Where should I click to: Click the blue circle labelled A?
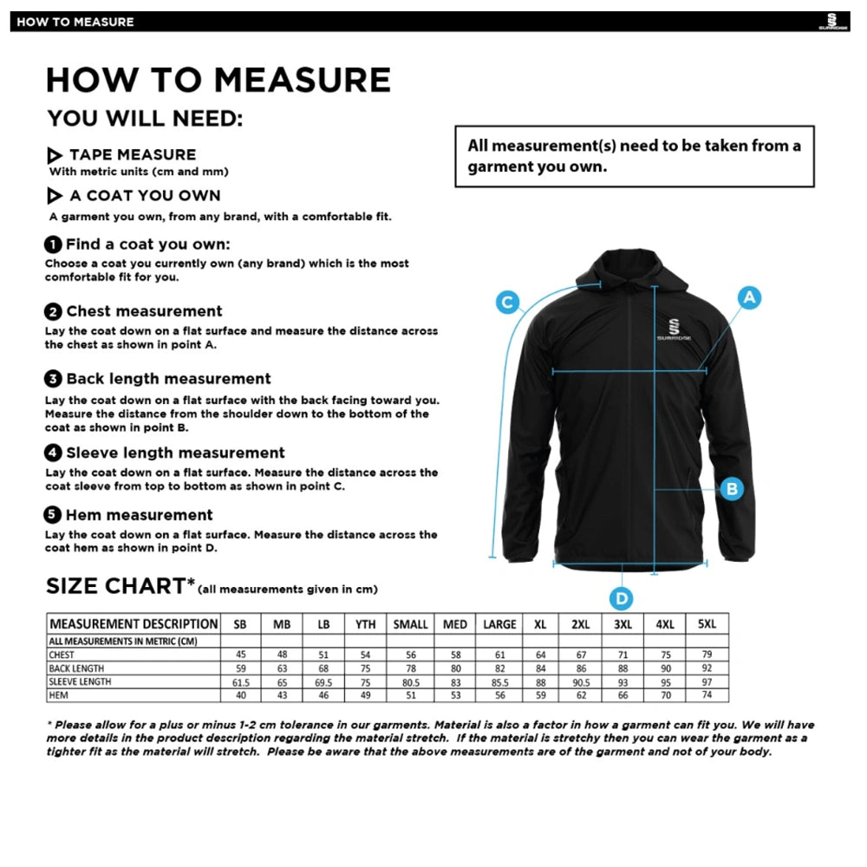tap(749, 298)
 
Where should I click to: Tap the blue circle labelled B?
tap(732, 489)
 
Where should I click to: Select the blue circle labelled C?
tap(507, 303)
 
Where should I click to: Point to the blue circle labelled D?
tap(622, 598)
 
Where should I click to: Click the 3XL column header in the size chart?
tap(623, 624)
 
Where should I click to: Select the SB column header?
tap(240, 624)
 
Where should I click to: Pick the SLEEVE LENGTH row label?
tap(80, 681)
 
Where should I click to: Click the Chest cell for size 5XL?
tap(706, 655)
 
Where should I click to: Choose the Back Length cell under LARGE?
tap(499, 668)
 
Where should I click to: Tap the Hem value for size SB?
tap(240, 695)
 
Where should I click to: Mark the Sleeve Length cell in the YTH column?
tap(365, 681)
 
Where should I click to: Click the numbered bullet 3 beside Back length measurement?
tap(54, 379)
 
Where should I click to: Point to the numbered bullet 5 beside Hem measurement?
tap(54, 515)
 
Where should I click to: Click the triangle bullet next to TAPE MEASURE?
tap(55, 156)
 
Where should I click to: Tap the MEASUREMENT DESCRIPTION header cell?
tap(134, 624)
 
